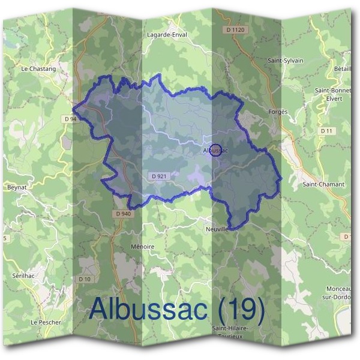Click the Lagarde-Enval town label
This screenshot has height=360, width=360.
click(x=167, y=35)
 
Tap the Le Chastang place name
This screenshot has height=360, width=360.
click(x=38, y=69)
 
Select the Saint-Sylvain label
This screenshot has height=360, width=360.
click(x=285, y=61)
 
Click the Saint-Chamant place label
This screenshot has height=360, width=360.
click(x=323, y=184)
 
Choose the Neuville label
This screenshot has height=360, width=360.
click(x=217, y=229)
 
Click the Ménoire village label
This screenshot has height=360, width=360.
click(x=142, y=247)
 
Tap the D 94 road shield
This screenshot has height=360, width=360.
click(x=71, y=119)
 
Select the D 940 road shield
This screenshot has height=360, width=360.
click(x=121, y=214)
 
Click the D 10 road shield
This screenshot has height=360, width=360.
click(x=85, y=278)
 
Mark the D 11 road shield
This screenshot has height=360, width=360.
click(x=326, y=130)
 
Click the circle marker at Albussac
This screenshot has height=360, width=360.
click(x=217, y=151)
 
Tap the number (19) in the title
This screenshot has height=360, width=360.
click(x=241, y=308)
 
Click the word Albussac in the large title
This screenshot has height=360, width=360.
click(x=149, y=308)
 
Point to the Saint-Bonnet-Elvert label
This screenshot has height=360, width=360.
click(x=333, y=94)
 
